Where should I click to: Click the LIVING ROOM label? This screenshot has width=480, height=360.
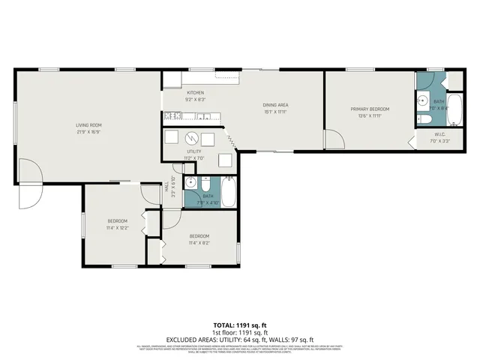click(88, 124)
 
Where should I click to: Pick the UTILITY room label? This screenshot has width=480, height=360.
click(193, 151)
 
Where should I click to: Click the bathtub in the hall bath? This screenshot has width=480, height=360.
click(229, 193)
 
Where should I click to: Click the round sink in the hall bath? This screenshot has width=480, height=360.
click(190, 182)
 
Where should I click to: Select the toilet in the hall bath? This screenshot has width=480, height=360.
click(205, 182)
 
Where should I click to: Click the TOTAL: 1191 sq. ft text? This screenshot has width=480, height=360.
click(239, 325)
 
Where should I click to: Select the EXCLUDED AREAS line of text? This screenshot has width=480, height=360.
click(239, 339)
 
